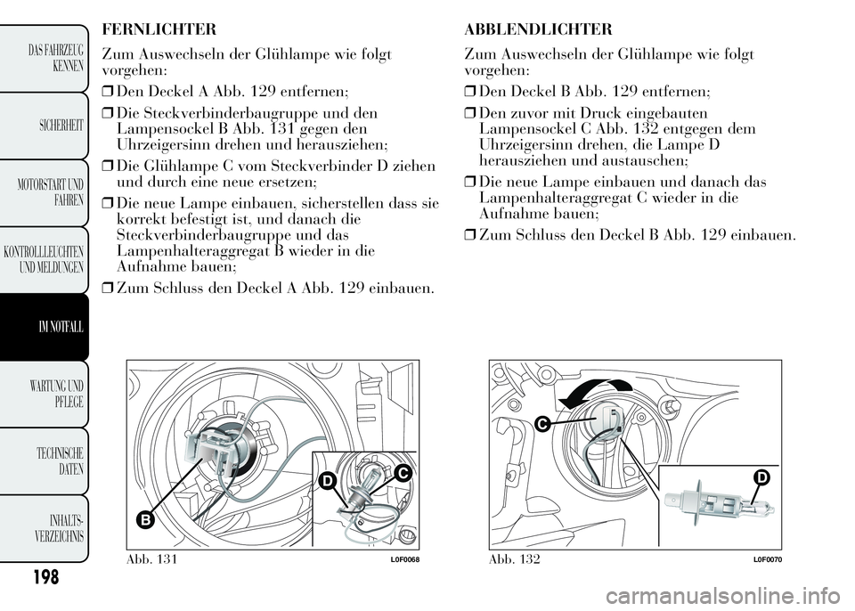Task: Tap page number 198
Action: pos(42,577)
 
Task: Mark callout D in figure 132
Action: pos(762,480)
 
